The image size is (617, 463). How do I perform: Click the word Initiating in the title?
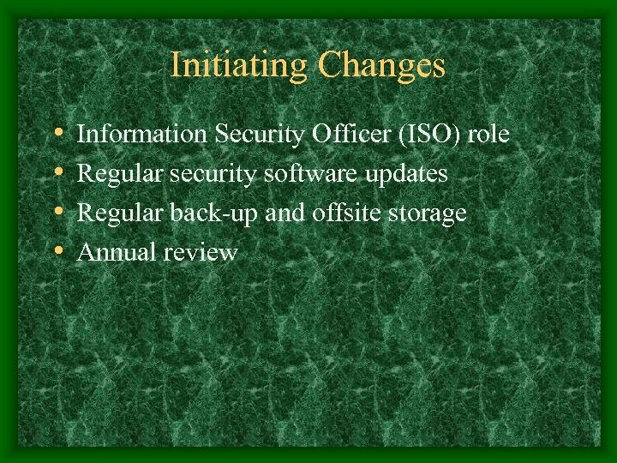(x=240, y=65)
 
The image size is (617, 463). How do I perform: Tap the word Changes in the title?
(x=381, y=65)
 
